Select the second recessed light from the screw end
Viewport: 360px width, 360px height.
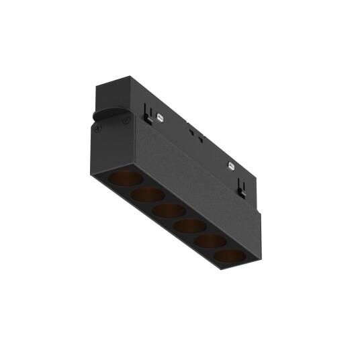pos(148,195)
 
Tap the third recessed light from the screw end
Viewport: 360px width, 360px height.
pos(169,211)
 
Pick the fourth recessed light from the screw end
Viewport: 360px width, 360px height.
pos(190,226)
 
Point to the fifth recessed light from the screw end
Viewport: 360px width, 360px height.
pos(211,242)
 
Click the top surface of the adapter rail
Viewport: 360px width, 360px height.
pos(195,121)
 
